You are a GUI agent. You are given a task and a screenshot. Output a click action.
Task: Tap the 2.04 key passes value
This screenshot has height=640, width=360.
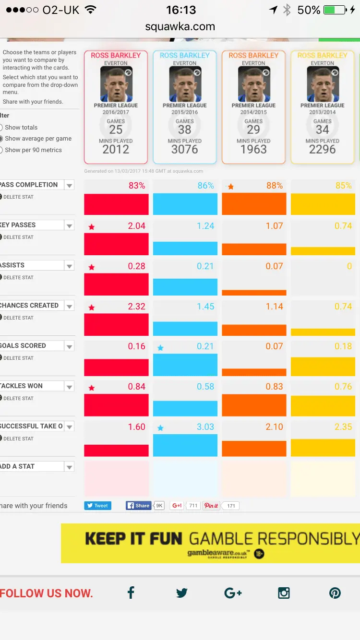tap(136, 226)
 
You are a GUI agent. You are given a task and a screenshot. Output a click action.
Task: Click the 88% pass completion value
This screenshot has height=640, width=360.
tap(275, 186)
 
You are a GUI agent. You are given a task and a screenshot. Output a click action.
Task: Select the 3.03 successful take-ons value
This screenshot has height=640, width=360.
tap(205, 427)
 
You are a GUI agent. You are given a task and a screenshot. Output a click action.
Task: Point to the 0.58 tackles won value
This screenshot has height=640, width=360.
tap(205, 387)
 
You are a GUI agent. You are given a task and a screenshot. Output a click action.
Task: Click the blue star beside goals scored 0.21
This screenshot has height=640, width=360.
tap(160, 348)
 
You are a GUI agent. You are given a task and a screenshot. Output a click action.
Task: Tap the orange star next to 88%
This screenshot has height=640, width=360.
tap(230, 187)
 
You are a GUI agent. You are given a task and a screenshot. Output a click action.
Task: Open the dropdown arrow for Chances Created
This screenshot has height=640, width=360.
tap(70, 306)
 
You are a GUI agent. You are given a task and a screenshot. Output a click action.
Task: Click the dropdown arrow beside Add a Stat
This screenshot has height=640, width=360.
tap(70, 467)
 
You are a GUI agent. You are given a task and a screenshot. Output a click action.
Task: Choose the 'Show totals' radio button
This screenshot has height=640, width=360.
tap(1, 128)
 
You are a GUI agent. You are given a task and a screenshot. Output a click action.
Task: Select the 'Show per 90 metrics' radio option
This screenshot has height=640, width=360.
tap(1, 150)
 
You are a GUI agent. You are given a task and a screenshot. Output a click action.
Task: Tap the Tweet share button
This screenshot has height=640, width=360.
tap(98, 506)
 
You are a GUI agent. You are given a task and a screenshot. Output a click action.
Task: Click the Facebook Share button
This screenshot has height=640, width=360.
tap(138, 506)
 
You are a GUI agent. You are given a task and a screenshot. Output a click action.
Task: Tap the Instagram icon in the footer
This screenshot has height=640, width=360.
tap(284, 593)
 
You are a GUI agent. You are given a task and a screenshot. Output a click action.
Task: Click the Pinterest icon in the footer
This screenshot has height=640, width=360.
tap(335, 593)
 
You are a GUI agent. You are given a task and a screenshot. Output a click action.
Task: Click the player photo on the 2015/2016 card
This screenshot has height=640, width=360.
tap(185, 84)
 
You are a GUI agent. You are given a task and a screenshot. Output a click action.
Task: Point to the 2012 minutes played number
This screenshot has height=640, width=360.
tap(116, 149)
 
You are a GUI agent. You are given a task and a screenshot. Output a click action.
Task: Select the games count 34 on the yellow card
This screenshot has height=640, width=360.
tap(323, 130)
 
